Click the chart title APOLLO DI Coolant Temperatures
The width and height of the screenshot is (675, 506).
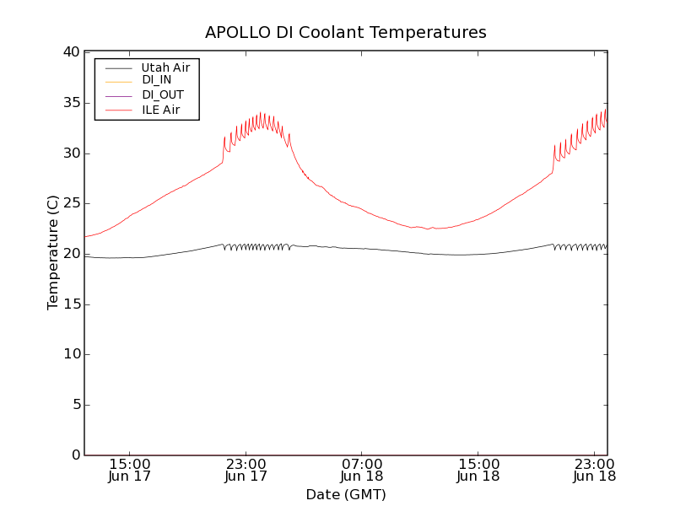(346, 33)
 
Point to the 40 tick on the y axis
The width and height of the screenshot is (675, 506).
(70, 52)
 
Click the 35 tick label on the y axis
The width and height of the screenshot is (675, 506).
(70, 103)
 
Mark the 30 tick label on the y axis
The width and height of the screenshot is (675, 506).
(70, 153)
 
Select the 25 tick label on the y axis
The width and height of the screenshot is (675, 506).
(70, 203)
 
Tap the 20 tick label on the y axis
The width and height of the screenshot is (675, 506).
(70, 254)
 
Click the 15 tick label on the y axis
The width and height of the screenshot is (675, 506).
(70, 304)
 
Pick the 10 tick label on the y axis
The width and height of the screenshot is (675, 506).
(70, 354)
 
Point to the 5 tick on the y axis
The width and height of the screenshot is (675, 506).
(74, 405)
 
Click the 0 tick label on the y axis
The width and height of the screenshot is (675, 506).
(74, 455)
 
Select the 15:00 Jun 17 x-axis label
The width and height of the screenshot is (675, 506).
(130, 471)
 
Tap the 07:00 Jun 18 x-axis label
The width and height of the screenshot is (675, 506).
(362, 471)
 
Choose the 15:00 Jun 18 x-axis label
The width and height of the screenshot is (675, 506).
(478, 471)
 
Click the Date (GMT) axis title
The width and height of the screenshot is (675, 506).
(346, 495)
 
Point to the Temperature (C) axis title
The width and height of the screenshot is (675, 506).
(53, 253)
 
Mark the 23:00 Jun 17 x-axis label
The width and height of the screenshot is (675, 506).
(246, 471)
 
